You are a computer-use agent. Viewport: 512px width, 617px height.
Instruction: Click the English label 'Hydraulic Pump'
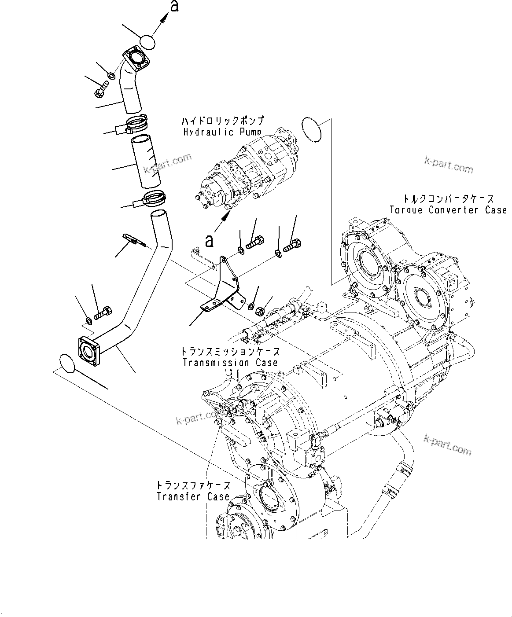point(222,132)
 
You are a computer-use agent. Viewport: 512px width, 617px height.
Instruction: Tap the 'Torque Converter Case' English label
point(448,210)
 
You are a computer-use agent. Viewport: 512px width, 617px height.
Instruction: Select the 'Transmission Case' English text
point(230,363)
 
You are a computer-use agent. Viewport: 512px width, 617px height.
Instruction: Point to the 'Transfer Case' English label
point(193,496)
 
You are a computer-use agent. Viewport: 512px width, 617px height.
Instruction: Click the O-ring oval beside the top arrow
point(148,42)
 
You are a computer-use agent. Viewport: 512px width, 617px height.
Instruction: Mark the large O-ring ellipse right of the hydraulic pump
point(312,129)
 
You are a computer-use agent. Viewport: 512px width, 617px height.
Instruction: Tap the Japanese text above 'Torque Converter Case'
point(447,199)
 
